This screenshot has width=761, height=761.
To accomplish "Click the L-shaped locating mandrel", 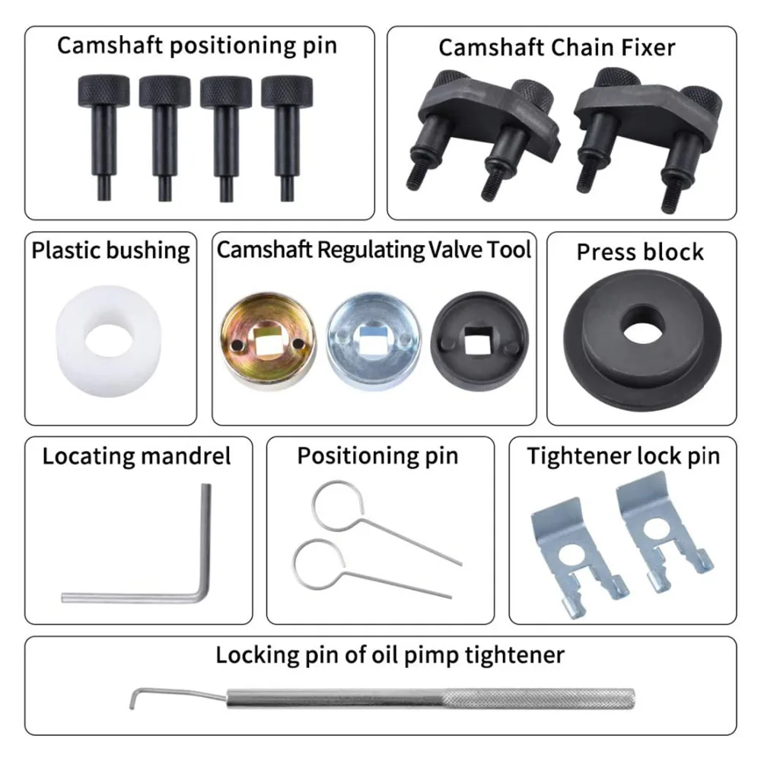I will pyautogui.click(x=152, y=586).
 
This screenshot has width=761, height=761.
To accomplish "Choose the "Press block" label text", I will pyautogui.click(x=640, y=252).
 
